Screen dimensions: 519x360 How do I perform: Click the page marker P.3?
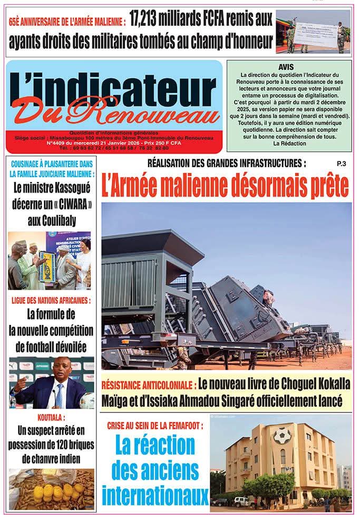[x=340, y=164]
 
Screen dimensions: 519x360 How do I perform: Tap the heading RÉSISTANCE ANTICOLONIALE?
[x=149, y=383]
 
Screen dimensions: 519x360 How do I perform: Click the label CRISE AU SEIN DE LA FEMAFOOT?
[x=155, y=425]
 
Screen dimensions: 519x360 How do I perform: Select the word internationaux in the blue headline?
[x=155, y=495]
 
